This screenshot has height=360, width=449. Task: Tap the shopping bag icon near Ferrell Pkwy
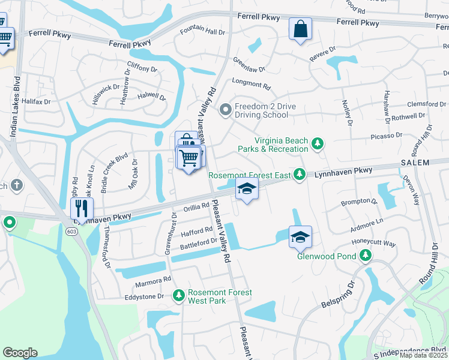(x=300, y=29)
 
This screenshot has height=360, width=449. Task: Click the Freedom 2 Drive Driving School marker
(x=226, y=109)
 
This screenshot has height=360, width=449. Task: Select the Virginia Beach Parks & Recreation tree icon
(x=318, y=144)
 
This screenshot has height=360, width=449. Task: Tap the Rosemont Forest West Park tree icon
(x=178, y=295)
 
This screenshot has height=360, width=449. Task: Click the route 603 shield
(x=72, y=232)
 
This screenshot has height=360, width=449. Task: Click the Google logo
(x=20, y=352)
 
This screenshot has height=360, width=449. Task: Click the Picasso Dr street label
(x=387, y=136)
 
